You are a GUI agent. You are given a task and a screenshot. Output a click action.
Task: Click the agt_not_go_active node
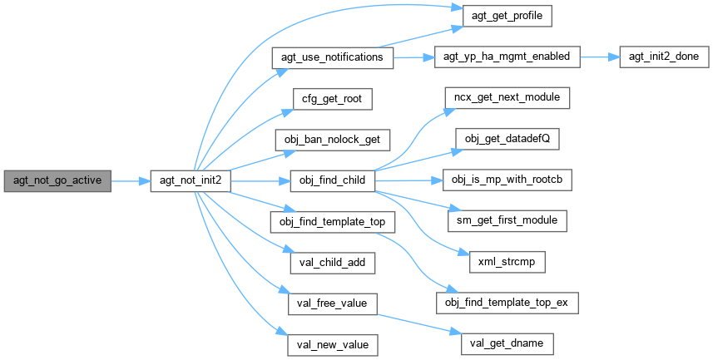point(57,180)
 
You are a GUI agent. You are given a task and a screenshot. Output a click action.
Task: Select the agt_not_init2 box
point(189,180)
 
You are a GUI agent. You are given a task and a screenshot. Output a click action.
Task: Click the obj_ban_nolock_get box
point(332,139)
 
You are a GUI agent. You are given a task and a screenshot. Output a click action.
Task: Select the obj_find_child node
point(332,180)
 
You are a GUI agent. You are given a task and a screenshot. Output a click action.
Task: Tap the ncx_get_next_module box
point(507,98)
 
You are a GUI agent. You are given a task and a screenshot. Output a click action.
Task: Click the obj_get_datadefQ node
point(507,139)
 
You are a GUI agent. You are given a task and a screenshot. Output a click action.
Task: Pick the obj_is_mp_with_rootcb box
point(507,180)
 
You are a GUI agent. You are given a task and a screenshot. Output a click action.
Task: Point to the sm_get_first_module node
point(507,221)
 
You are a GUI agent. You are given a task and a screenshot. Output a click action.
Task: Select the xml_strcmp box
point(507,262)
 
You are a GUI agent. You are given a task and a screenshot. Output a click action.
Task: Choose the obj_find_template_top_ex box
point(507,303)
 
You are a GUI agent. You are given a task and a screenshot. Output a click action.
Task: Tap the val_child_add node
point(332,262)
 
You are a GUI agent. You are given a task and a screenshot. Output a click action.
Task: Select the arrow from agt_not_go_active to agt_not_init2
point(130,180)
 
